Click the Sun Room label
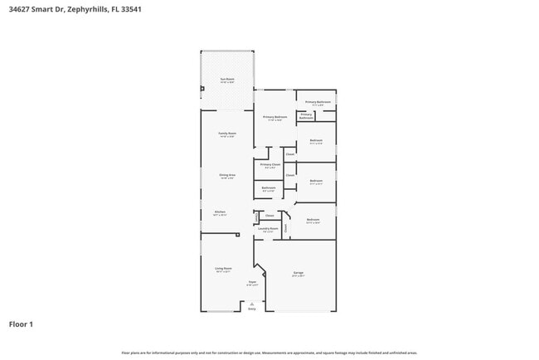(x=226, y=80)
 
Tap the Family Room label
(x=227, y=134)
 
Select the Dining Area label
(x=227, y=176)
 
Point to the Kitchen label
(x=220, y=212)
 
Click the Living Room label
(x=223, y=270)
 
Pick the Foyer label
(x=252, y=284)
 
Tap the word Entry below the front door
(x=252, y=307)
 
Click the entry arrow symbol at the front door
(x=252, y=303)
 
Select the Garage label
(x=298, y=274)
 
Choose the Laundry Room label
(x=267, y=229)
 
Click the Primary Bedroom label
(x=275, y=118)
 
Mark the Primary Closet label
(x=269, y=165)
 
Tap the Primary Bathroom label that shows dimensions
(x=318, y=103)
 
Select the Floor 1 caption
(x=21, y=324)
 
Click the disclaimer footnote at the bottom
(x=269, y=353)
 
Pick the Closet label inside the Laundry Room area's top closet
(x=269, y=216)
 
